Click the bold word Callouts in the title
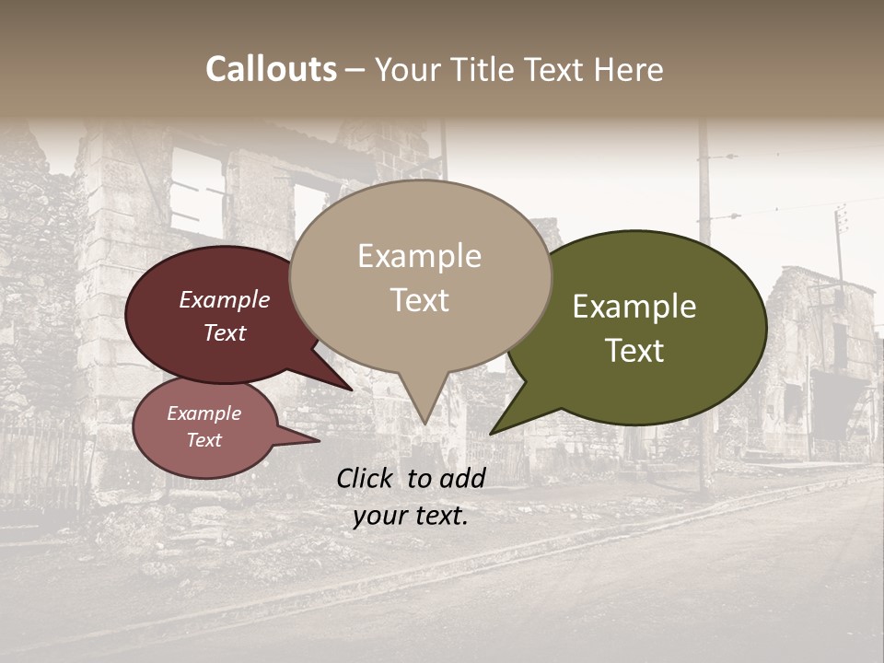[x=271, y=70]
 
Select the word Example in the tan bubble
[x=419, y=256]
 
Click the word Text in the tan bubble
[x=419, y=300]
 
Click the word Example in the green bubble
[x=634, y=307]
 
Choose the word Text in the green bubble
[x=634, y=351]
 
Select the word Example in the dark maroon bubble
[x=224, y=300]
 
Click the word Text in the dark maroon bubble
[x=224, y=332]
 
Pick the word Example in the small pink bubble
[x=204, y=413]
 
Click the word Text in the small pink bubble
[x=204, y=440]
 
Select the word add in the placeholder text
[x=462, y=478]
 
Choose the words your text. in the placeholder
[x=411, y=516]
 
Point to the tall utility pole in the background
[x=704, y=304]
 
